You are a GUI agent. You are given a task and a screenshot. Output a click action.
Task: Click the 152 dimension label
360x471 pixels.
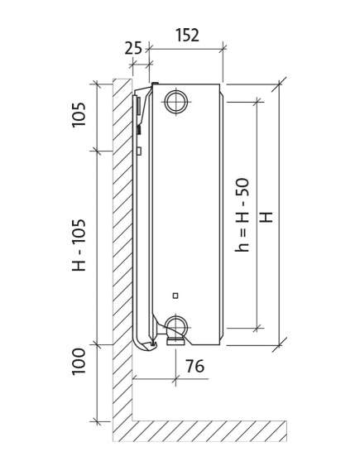pyautogui.click(x=187, y=35)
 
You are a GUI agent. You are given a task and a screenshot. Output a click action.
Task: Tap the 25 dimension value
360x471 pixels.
pyautogui.click(x=133, y=48)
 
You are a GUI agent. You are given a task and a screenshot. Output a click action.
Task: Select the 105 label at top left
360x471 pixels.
pyautogui.click(x=79, y=115)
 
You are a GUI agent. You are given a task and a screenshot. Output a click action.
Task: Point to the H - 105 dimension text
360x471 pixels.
pyautogui.click(x=79, y=245)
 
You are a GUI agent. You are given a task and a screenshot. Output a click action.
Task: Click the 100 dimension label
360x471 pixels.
pyautogui.click(x=79, y=362)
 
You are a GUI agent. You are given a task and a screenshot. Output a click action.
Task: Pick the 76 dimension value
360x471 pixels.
pyautogui.click(x=194, y=366)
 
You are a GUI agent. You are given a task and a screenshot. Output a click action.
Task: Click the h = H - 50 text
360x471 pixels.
pyautogui.click(x=242, y=215)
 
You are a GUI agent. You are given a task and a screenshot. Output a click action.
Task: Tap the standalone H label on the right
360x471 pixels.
pyautogui.click(x=266, y=217)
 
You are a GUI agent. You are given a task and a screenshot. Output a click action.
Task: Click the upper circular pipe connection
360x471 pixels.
pyautogui.click(x=176, y=101)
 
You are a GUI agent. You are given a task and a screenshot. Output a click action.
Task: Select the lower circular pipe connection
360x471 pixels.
pyautogui.click(x=176, y=326)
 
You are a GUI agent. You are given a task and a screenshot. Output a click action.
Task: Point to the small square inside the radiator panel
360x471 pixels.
pyautogui.click(x=175, y=296)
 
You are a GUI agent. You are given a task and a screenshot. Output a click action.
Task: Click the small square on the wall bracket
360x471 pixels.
pyautogui.click(x=139, y=151)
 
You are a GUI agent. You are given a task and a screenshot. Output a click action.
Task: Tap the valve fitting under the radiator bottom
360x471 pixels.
pyautogui.click(x=175, y=341)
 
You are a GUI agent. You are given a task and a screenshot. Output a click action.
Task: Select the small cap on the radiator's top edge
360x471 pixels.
pyautogui.click(x=156, y=84)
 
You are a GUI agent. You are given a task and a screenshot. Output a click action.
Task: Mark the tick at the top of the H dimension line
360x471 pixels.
pyautogui.click(x=279, y=84)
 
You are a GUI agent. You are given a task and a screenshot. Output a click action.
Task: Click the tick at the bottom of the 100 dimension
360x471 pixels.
pyautogui.click(x=97, y=421)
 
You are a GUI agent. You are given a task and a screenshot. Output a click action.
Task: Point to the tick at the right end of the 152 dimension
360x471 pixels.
pyautogui.click(x=223, y=48)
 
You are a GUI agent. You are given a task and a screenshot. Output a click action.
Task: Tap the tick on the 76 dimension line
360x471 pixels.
pyautogui.click(x=175, y=379)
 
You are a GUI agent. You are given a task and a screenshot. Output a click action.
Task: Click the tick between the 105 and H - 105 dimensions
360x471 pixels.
pyautogui.click(x=97, y=151)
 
